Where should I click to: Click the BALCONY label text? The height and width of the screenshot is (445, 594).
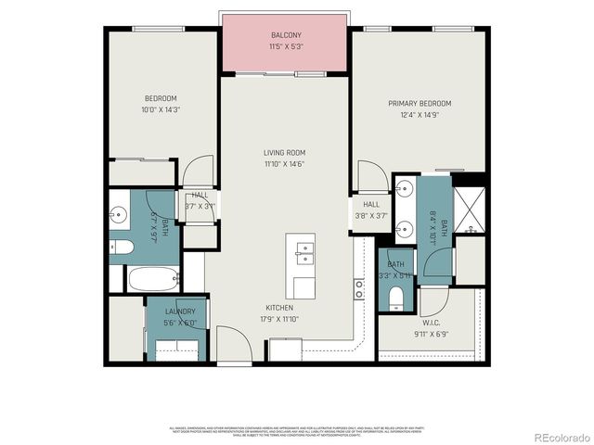tap(286, 35)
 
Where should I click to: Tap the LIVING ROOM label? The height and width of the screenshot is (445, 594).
tap(284, 153)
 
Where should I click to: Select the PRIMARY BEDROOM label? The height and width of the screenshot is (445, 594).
tap(420, 103)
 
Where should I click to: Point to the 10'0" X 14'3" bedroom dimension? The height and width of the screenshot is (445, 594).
tap(160, 109)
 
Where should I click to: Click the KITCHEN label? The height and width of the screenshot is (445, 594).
tap(279, 308)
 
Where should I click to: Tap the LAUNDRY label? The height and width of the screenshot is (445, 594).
tap(180, 311)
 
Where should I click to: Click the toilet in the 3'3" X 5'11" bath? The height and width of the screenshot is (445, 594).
tap(396, 297)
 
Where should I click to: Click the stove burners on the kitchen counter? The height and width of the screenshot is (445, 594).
tap(358, 288)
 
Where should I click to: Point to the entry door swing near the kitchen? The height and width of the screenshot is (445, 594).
tap(235, 344)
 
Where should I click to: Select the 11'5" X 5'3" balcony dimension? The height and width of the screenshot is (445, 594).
tap(286, 45)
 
